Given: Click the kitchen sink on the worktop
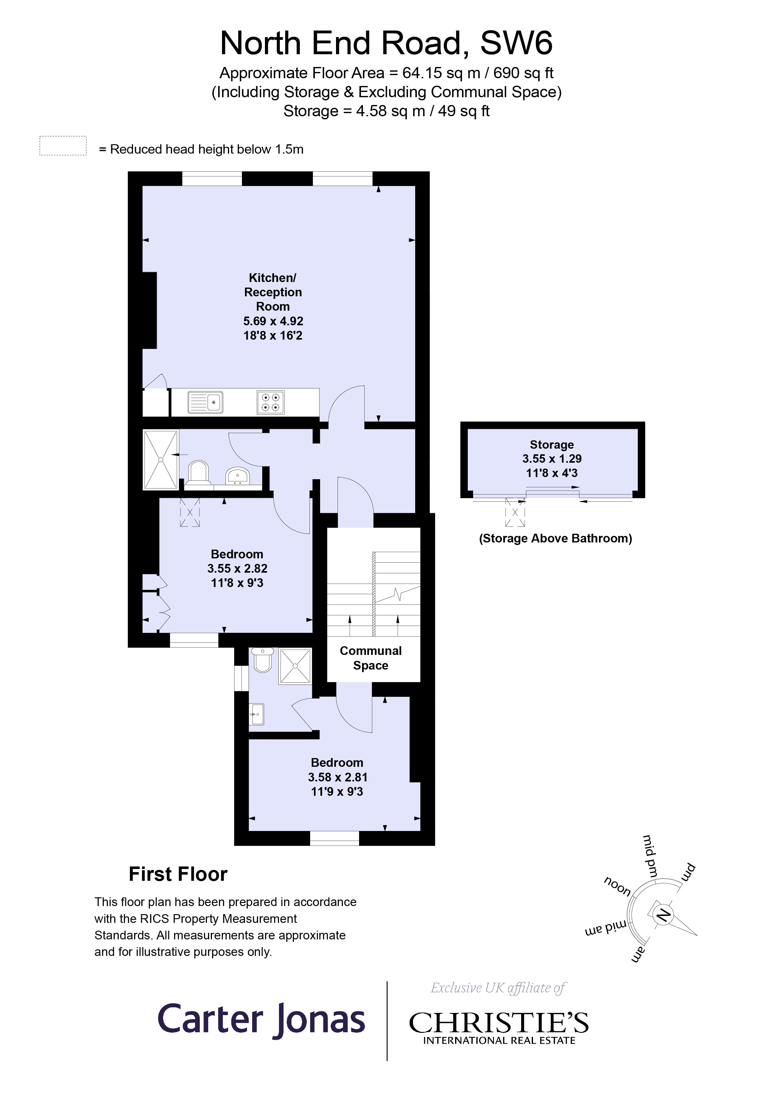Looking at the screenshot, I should pyautogui.click(x=206, y=402).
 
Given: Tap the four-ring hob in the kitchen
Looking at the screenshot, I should pyautogui.click(x=271, y=402).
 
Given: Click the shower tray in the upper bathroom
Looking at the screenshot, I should pyautogui.click(x=161, y=459).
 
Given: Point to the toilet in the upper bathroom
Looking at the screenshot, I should pyautogui.click(x=198, y=473).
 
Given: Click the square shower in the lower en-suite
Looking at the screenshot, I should pyautogui.click(x=295, y=666).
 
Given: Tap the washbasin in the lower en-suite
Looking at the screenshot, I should pyautogui.click(x=257, y=714).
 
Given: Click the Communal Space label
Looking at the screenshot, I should pyautogui.click(x=371, y=658).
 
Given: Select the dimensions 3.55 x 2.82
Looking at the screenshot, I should pyautogui.click(x=237, y=568).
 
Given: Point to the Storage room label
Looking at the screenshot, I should pyautogui.click(x=551, y=445).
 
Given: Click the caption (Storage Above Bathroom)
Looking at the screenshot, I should pyautogui.click(x=555, y=538).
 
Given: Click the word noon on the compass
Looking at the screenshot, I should pyautogui.click(x=617, y=886).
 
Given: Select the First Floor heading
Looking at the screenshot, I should pyautogui.click(x=178, y=874).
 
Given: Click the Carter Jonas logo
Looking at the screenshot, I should pyautogui.click(x=261, y=1020).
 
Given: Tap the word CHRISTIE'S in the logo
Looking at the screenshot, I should pyautogui.click(x=499, y=1023).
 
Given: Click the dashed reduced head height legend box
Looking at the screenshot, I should pyautogui.click(x=63, y=146).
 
